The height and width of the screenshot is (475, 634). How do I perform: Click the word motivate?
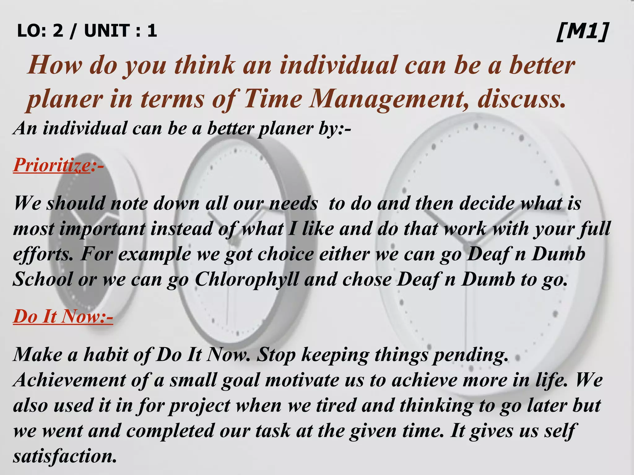(x=302, y=380)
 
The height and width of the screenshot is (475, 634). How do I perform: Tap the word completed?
(x=170, y=431)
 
